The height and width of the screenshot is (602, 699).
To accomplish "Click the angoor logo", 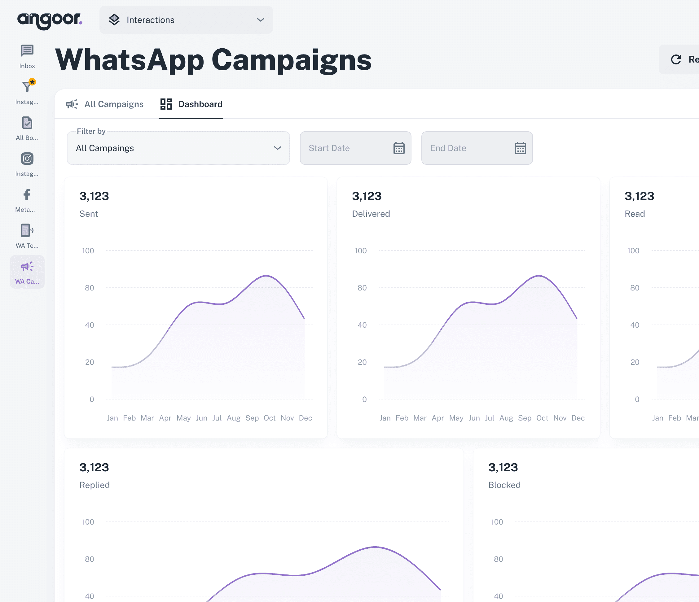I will coord(50,20).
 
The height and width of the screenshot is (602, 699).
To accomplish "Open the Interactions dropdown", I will coord(186,20).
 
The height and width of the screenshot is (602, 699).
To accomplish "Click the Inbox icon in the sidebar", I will coord(27,51).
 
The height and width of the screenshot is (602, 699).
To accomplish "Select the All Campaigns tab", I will coord(105,104).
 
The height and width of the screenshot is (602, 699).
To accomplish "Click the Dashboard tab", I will coord(191,104).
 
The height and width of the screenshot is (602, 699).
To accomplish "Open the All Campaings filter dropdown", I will coord(178,148).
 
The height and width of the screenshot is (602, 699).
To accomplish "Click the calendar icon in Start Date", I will coord(399,148).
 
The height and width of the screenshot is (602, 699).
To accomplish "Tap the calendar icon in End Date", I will coord(520,148).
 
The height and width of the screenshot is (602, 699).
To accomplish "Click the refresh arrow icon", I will coord(676,60).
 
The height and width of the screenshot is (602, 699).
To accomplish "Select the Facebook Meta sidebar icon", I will coord(27,195).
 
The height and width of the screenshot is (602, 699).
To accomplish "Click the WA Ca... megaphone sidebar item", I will coord(27,272).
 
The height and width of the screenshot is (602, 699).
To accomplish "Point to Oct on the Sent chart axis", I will coord(270,418).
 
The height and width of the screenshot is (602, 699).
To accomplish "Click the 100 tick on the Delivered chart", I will coord(360,251).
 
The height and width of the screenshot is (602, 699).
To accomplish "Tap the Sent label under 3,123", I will coord(89,214).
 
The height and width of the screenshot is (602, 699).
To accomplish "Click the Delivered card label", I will coord(371,214).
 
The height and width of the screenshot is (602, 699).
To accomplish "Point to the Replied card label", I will coord(95,485).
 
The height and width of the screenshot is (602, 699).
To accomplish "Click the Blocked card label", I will coord(504,485).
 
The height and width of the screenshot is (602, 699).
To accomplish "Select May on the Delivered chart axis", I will coord(456,418).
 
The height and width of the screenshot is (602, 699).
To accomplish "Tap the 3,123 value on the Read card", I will coord(639,196).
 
